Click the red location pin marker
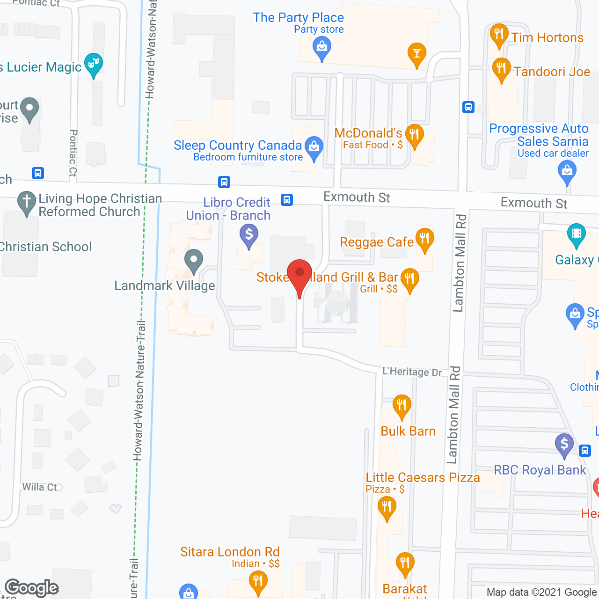(x=299, y=274)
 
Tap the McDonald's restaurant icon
(x=415, y=135)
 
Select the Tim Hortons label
(x=547, y=37)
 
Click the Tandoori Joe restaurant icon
(x=501, y=69)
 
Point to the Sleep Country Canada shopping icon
(x=314, y=147)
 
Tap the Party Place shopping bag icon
(x=321, y=47)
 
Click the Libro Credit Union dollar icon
(x=249, y=234)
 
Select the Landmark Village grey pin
(x=193, y=260)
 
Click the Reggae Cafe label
(x=377, y=242)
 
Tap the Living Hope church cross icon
(x=27, y=202)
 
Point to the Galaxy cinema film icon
(x=577, y=234)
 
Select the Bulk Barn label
(x=408, y=431)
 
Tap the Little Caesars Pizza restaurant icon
(x=387, y=507)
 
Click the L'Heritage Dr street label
(x=412, y=372)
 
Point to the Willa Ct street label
(x=40, y=487)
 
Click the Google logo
(x=32, y=588)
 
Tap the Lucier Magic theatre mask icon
(x=94, y=63)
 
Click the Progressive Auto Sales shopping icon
(x=567, y=171)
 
